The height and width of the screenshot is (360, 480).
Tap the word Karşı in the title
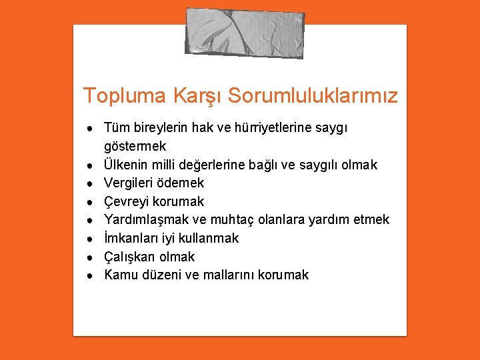coord(197,96)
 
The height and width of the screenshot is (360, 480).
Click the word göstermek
coord(135,146)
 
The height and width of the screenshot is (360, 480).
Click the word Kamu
coord(121,275)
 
